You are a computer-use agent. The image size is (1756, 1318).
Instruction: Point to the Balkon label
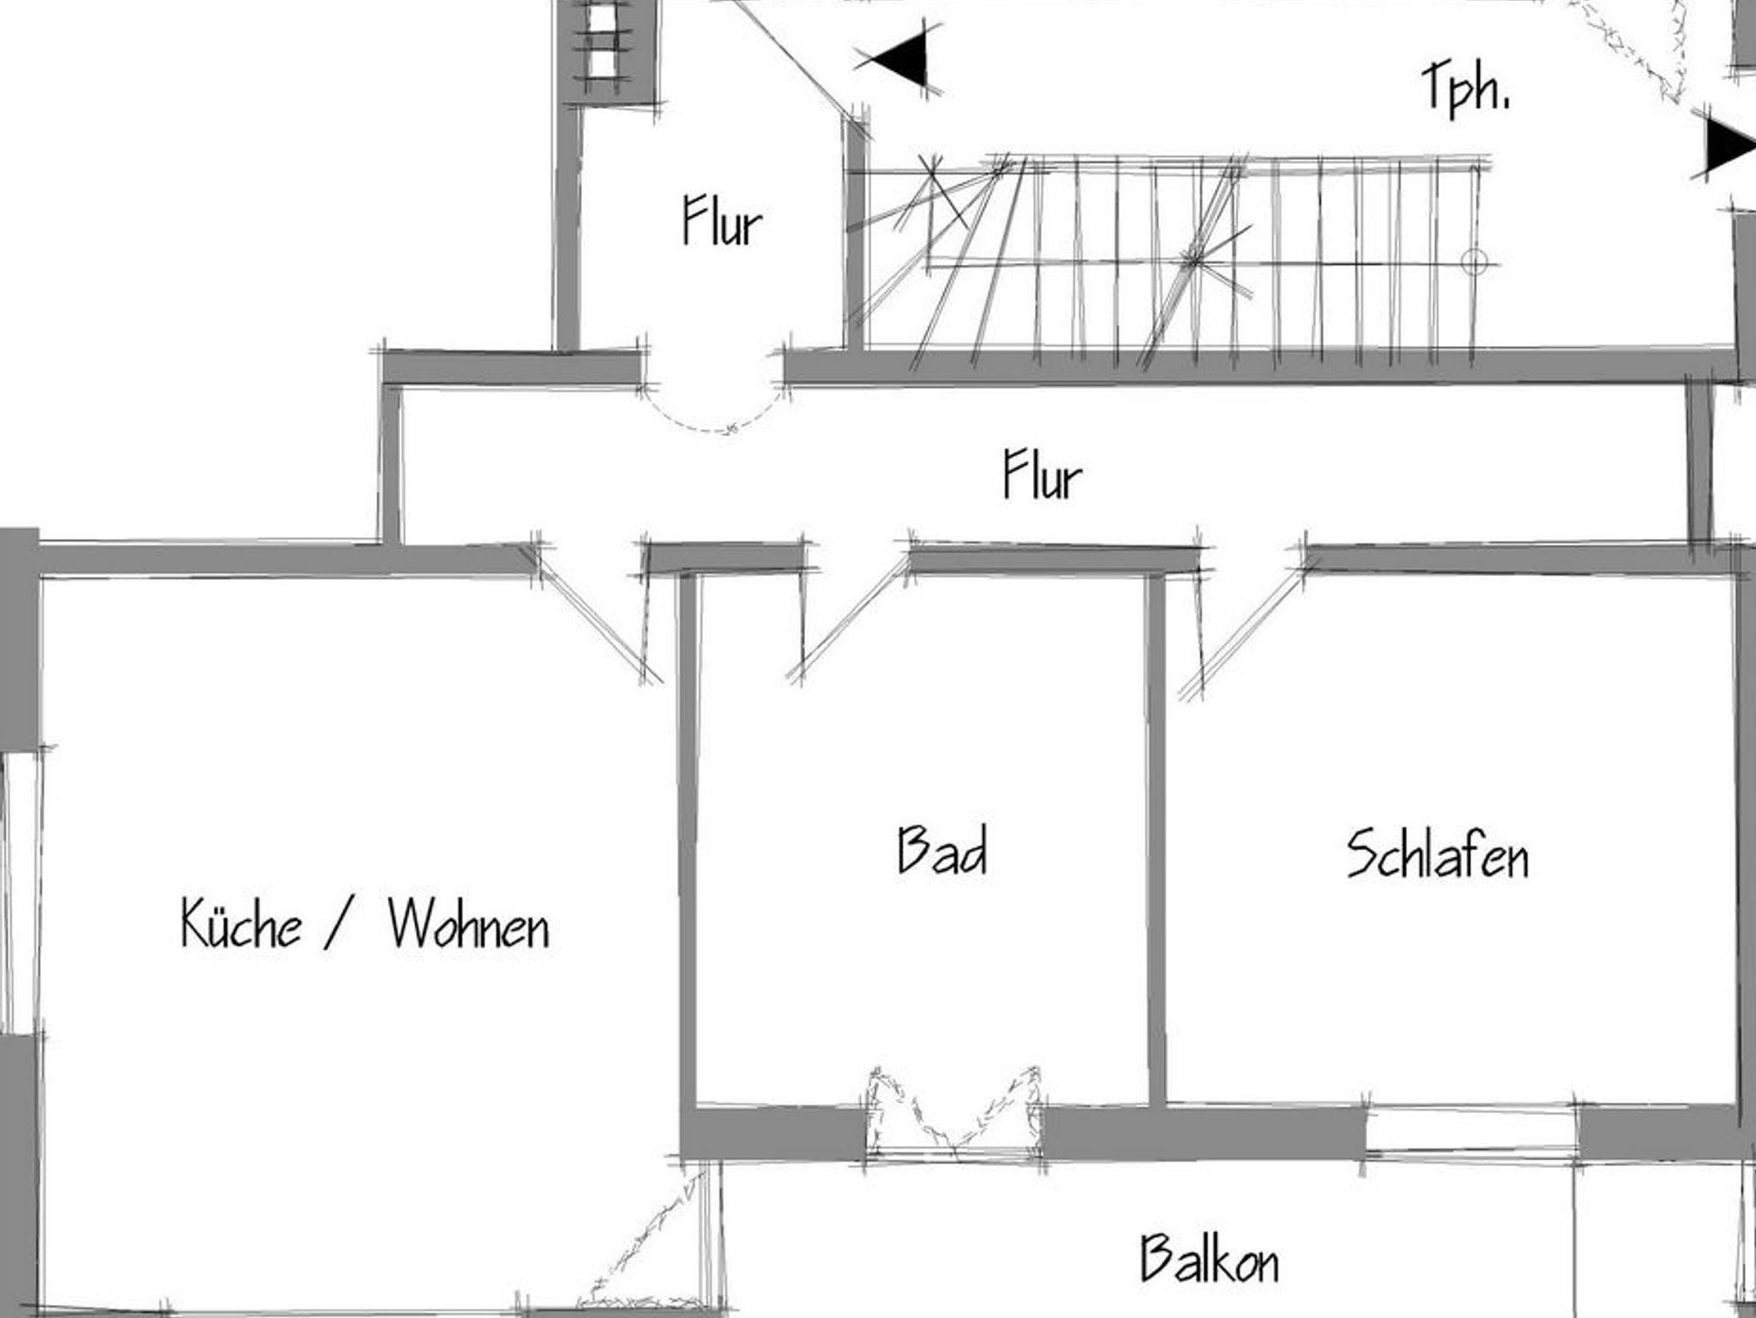coord(1209,1257)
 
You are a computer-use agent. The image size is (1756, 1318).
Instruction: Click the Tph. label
coord(1465,87)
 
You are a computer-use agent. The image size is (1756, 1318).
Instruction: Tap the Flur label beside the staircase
coord(722,220)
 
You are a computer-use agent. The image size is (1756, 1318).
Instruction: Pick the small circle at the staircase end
coord(1474,261)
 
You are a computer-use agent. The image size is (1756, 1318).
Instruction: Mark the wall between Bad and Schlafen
coord(1157,840)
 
